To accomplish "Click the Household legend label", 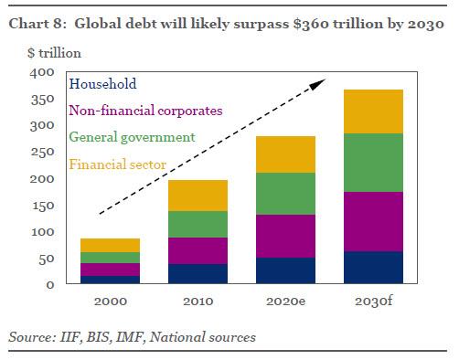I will (x=102, y=84).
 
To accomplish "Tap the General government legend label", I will (x=133, y=137).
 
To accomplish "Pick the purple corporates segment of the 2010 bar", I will (x=198, y=250).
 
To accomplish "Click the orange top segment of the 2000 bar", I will (x=109, y=245).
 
